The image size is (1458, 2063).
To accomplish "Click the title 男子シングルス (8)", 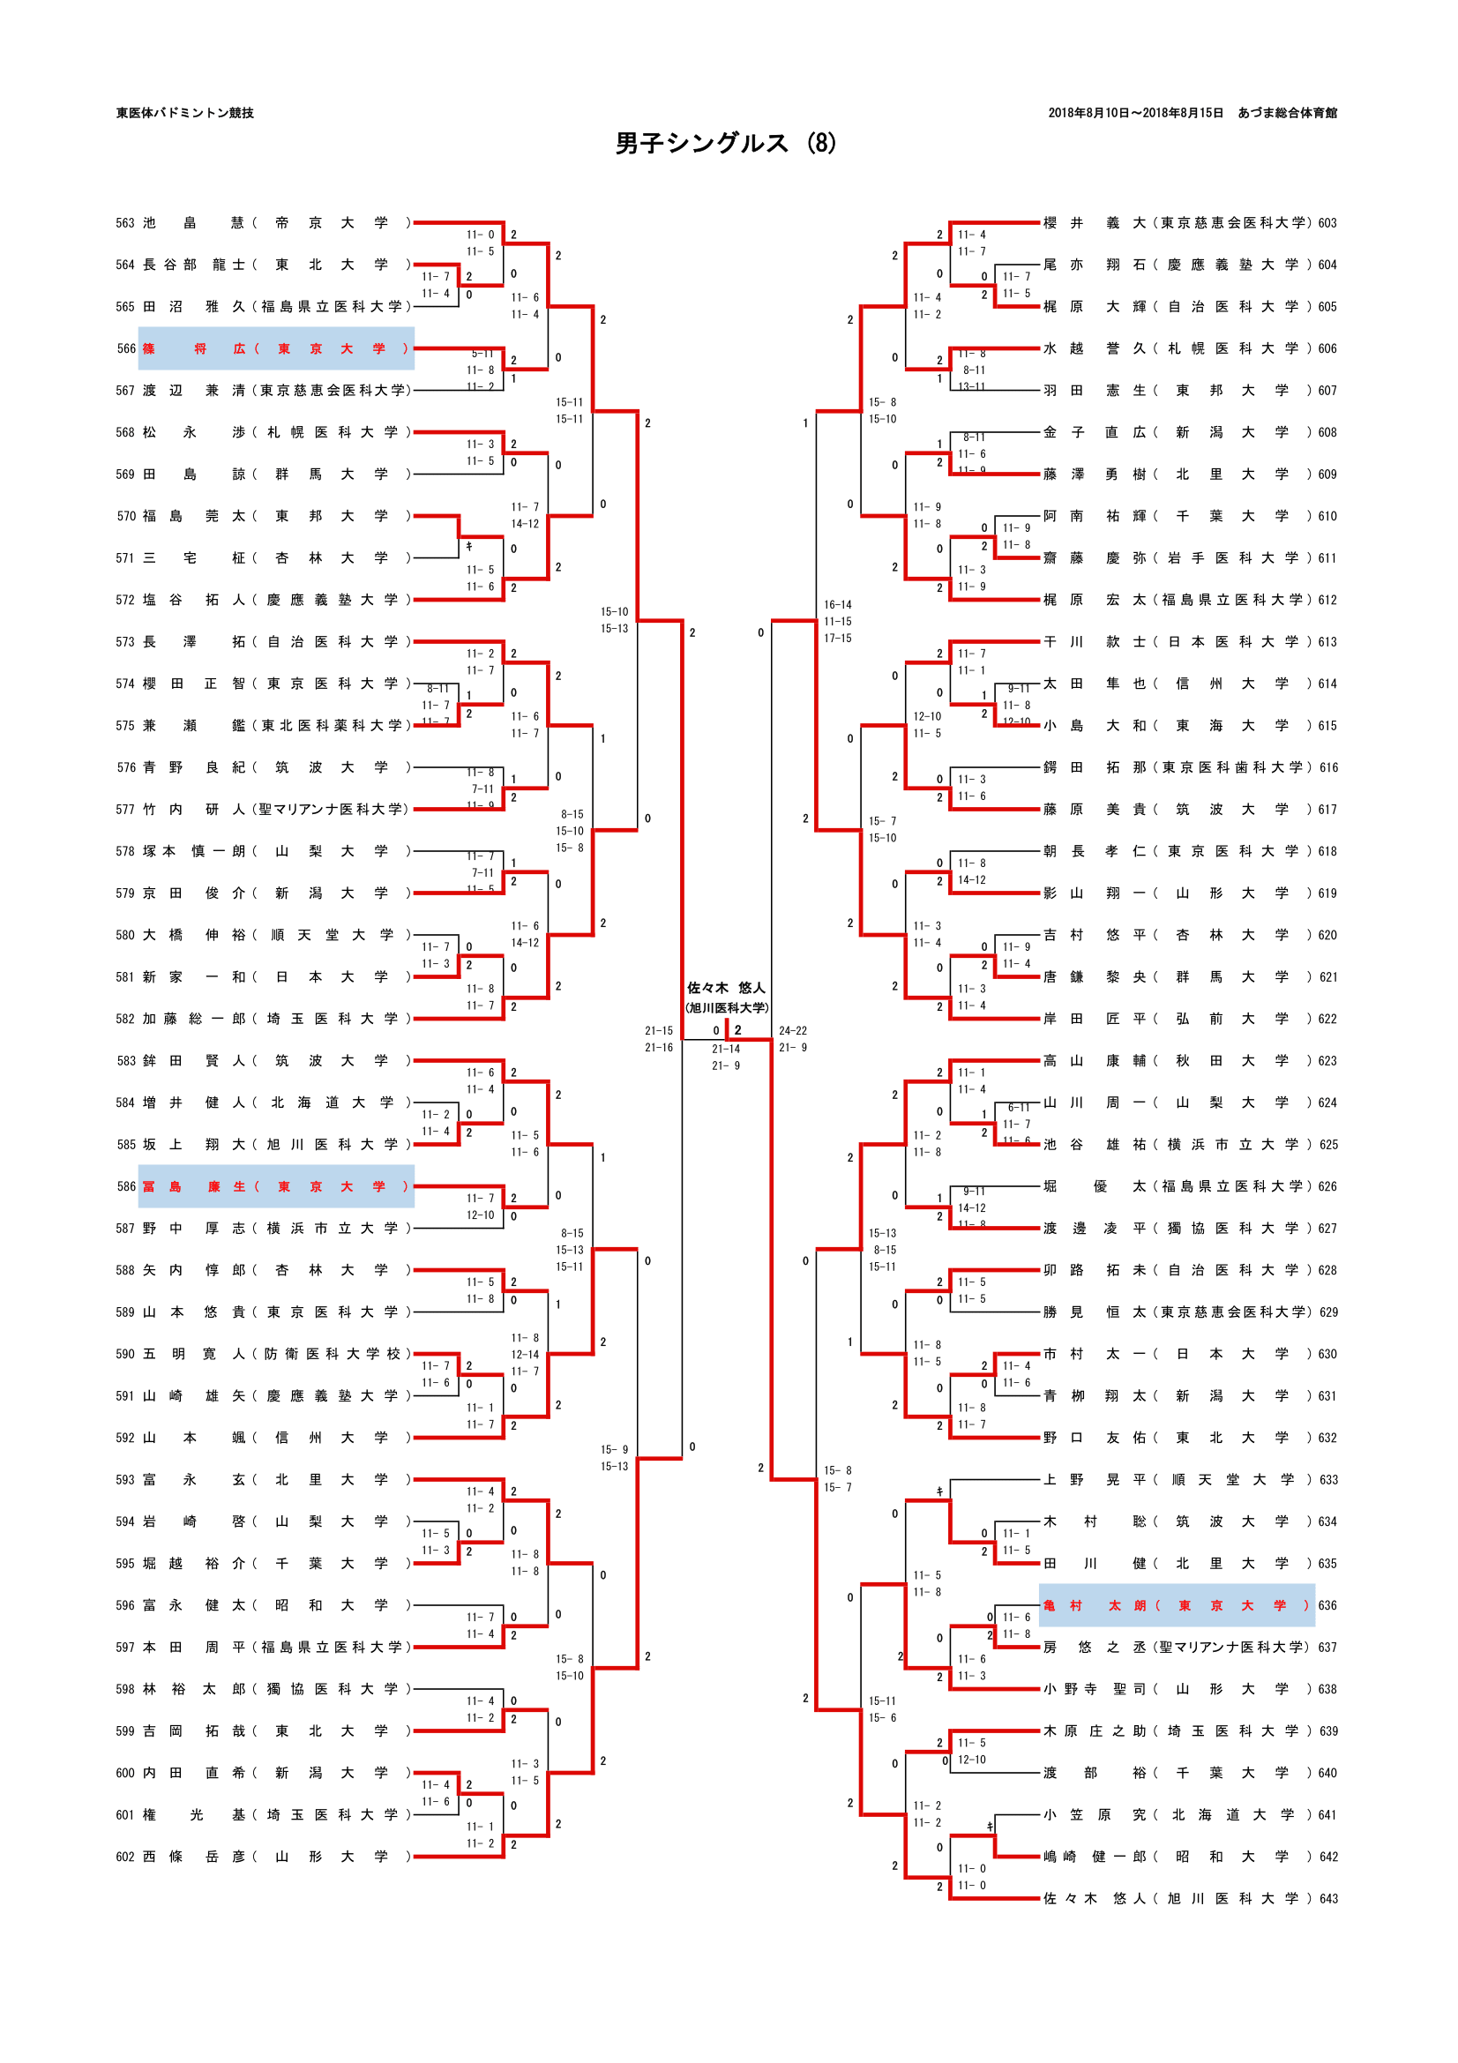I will point(725,144).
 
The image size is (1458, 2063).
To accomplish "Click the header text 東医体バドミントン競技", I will point(185,113).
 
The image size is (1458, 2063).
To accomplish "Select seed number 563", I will point(125,223).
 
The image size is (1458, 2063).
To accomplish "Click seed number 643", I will point(1327,1899).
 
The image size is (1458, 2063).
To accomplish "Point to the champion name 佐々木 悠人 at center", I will point(726,988).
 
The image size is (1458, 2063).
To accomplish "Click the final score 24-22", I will point(792,1030).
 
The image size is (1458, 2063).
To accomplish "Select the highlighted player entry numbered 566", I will point(276,348).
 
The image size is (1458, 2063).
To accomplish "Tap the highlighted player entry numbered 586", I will point(276,1186).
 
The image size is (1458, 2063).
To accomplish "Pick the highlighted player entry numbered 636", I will point(1176,1604).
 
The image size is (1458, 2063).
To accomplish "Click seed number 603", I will point(1327,223).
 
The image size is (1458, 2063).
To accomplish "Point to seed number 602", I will point(125,1857).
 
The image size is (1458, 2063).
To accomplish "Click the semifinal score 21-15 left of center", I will point(659,1030).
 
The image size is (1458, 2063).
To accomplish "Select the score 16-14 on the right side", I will point(837,605).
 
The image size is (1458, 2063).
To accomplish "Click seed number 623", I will point(1327,1060).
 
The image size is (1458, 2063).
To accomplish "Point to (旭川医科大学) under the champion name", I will point(726,1007).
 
